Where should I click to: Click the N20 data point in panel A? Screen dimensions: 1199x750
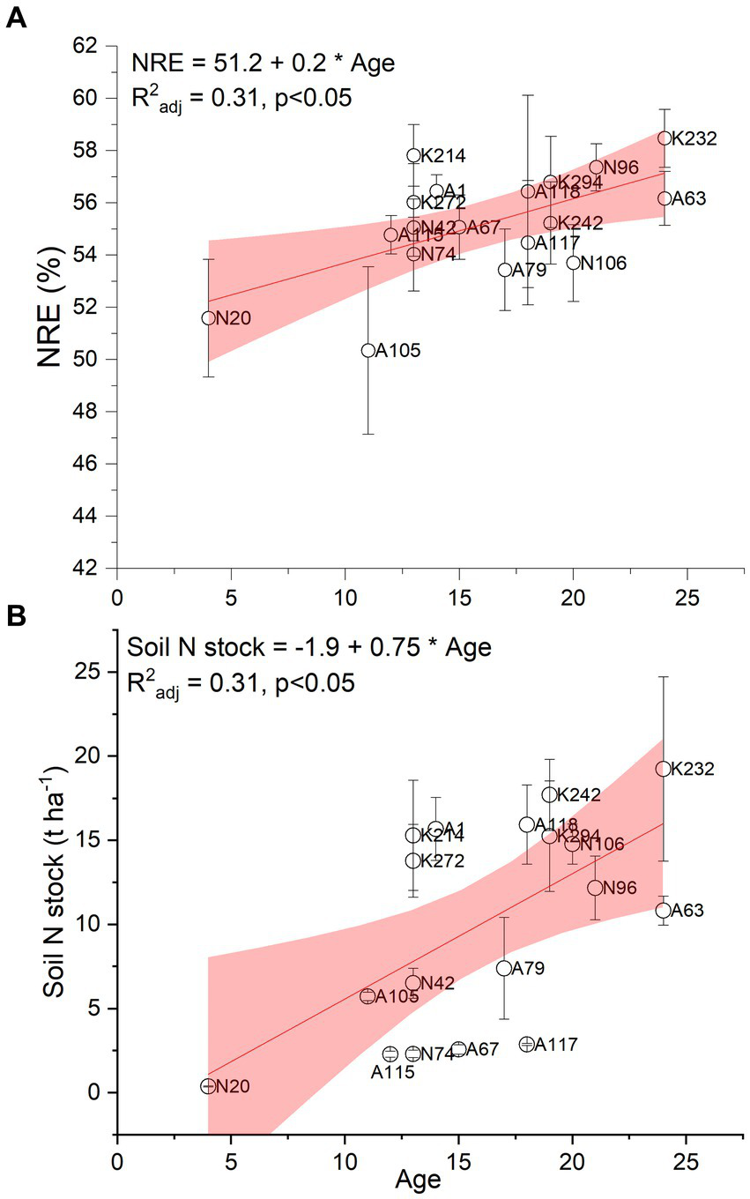208,317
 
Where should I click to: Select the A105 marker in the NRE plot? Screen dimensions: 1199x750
368,350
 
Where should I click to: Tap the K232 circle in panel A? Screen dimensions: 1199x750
665,138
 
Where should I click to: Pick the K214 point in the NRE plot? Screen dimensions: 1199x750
413,155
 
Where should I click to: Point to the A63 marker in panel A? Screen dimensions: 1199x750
665,198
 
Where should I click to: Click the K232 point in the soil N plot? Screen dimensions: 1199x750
665,768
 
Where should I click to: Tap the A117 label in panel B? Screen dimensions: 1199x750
556,1045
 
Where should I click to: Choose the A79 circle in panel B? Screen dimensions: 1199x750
504,968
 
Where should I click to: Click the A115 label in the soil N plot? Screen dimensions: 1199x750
394,1072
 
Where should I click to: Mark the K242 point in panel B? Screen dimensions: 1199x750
550,794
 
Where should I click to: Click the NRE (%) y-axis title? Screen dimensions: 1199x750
46,304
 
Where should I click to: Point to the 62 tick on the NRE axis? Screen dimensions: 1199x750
94,46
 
